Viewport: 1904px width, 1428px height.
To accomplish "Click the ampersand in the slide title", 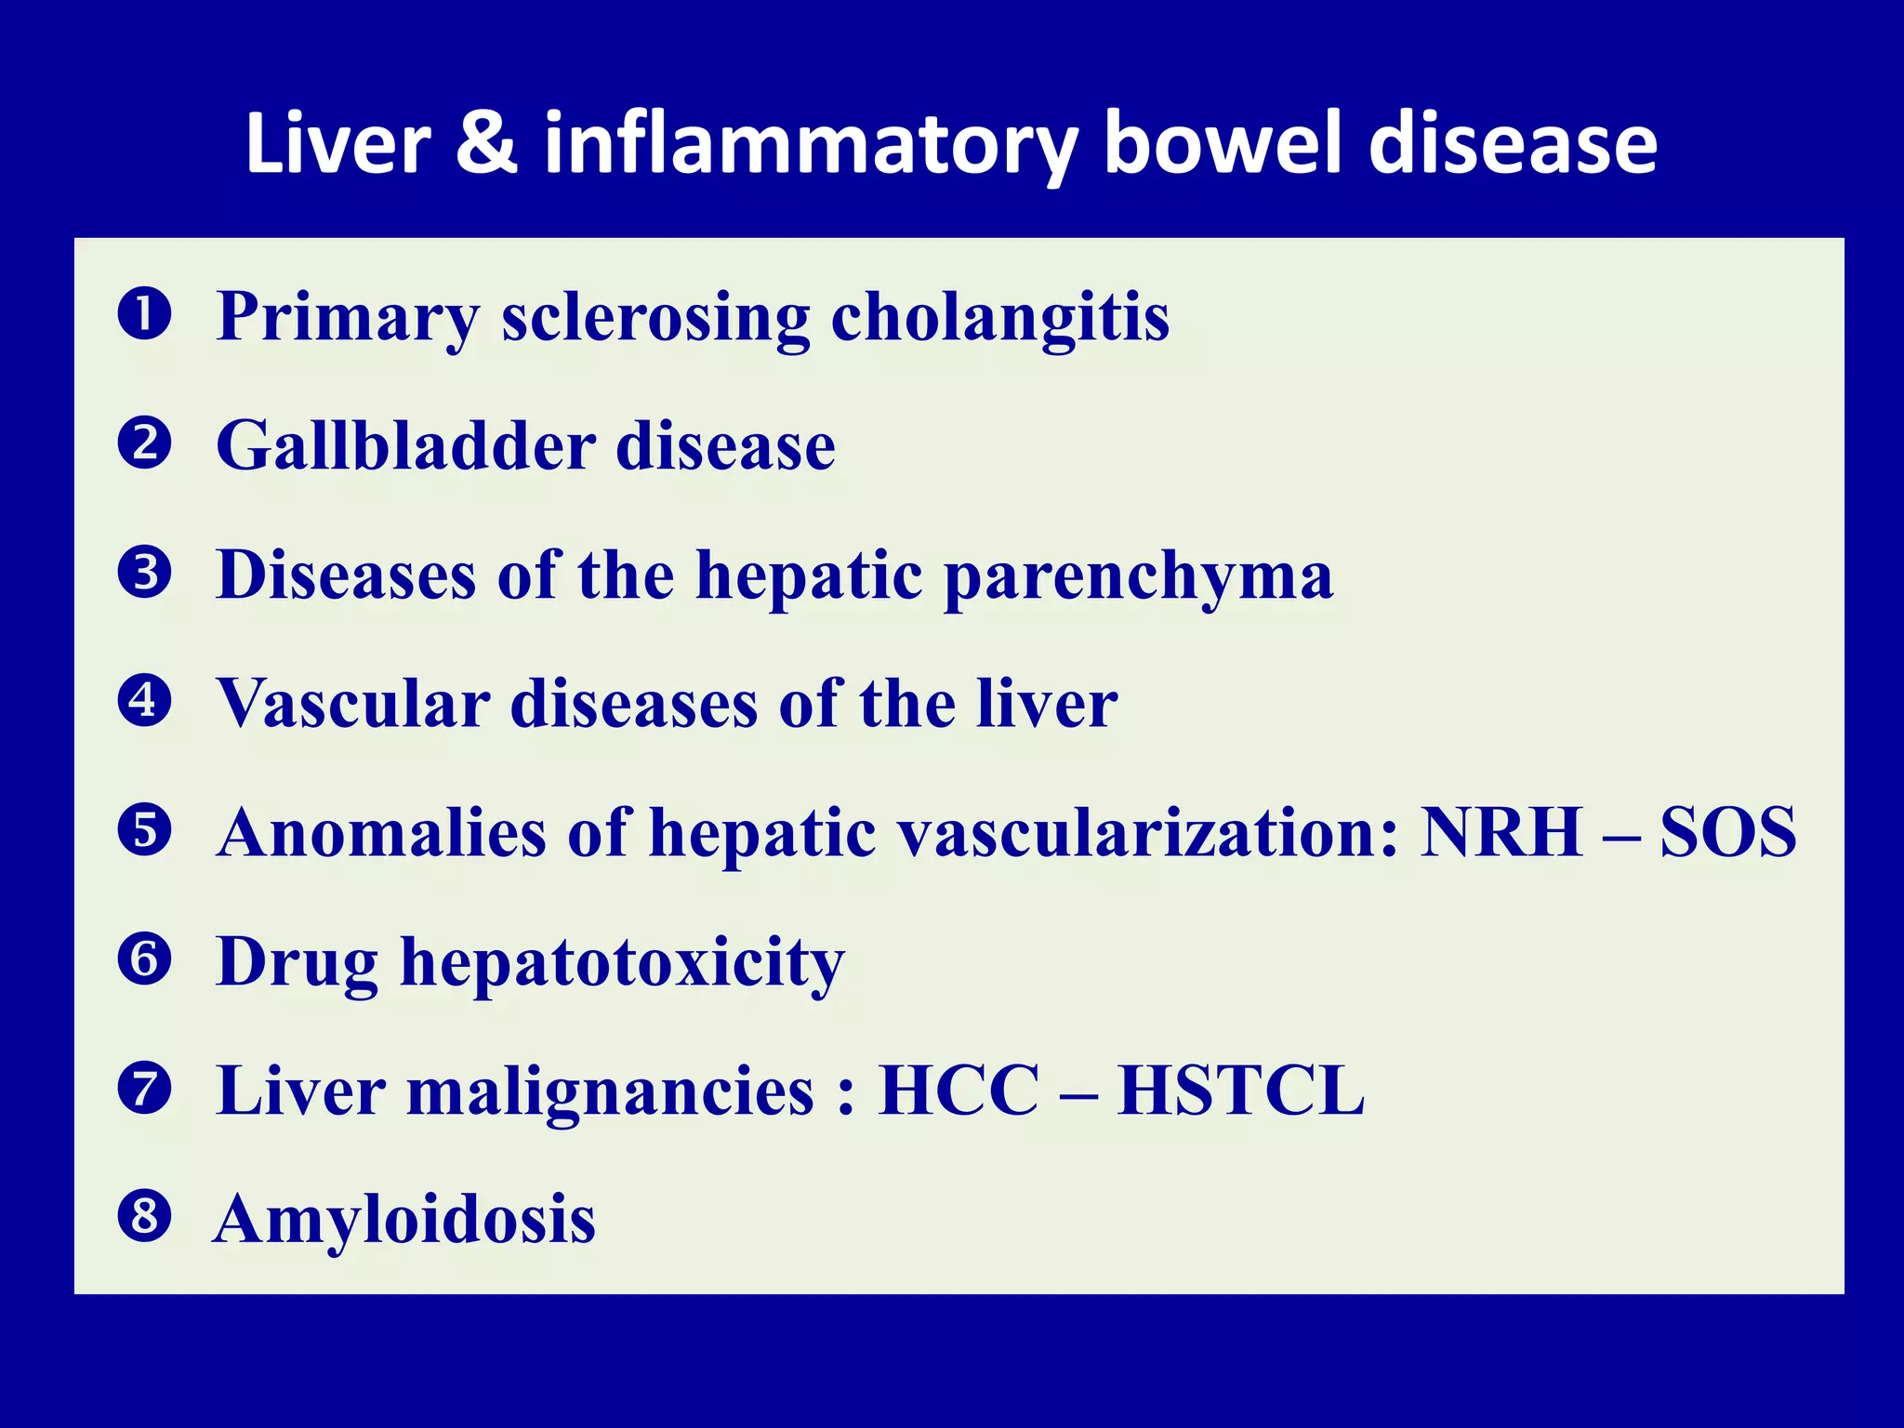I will [x=486, y=144].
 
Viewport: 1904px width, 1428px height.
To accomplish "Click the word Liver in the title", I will [x=337, y=144].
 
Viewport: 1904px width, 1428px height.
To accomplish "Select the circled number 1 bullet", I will [x=145, y=314].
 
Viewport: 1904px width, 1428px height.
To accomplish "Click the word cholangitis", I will [x=999, y=318].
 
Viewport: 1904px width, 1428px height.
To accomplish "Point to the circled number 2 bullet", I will [x=145, y=443].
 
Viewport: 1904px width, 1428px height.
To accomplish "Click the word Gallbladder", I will [x=405, y=446].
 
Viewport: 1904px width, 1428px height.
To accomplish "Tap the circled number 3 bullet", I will [x=145, y=572].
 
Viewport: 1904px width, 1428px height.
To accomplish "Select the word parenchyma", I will [x=1139, y=576].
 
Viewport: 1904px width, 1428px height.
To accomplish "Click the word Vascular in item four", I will [x=353, y=704].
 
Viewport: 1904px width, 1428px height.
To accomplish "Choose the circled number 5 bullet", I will [x=145, y=829].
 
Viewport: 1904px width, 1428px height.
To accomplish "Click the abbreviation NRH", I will [x=1501, y=832].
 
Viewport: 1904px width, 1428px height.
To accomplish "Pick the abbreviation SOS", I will [x=1727, y=832].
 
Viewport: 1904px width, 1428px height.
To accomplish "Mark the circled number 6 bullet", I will [x=145, y=959].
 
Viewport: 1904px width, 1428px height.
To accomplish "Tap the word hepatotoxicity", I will [x=622, y=963].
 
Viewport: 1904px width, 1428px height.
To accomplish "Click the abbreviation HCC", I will [x=959, y=1091].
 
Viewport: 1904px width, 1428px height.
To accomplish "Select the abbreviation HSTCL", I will [x=1240, y=1091].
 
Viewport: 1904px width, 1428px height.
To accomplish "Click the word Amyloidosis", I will [x=404, y=1220].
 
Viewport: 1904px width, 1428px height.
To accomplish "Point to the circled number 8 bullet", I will [x=145, y=1216].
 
